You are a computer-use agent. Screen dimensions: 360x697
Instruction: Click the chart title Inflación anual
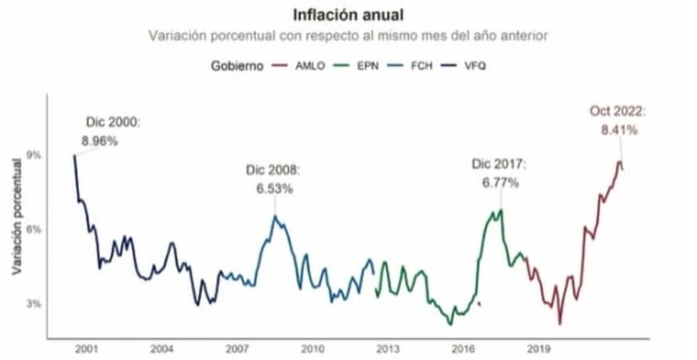pyautogui.click(x=348, y=14)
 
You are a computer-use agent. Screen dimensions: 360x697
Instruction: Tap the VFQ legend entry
pyautogui.click(x=475, y=66)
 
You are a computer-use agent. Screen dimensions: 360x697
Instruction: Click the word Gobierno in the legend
pyautogui.click(x=236, y=66)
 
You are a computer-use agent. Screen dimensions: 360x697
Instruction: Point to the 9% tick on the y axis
pyautogui.click(x=34, y=155)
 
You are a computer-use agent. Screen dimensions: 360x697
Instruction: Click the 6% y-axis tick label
pyautogui.click(x=34, y=229)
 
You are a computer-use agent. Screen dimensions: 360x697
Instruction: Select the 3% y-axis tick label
pyautogui.click(x=34, y=304)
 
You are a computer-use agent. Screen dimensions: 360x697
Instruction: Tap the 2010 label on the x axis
pyautogui.click(x=312, y=350)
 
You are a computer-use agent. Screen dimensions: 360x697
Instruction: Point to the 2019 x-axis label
pyautogui.click(x=538, y=350)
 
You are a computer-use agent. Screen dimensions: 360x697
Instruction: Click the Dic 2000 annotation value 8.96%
pyautogui.click(x=100, y=141)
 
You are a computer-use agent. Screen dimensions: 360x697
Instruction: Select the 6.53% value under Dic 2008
pyautogui.click(x=275, y=189)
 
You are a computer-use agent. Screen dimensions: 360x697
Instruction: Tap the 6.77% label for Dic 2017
pyautogui.click(x=500, y=183)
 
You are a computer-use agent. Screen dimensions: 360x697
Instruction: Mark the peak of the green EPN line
pyautogui.click(x=501, y=210)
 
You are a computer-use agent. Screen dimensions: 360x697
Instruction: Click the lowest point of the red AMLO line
pyautogui.click(x=560, y=323)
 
